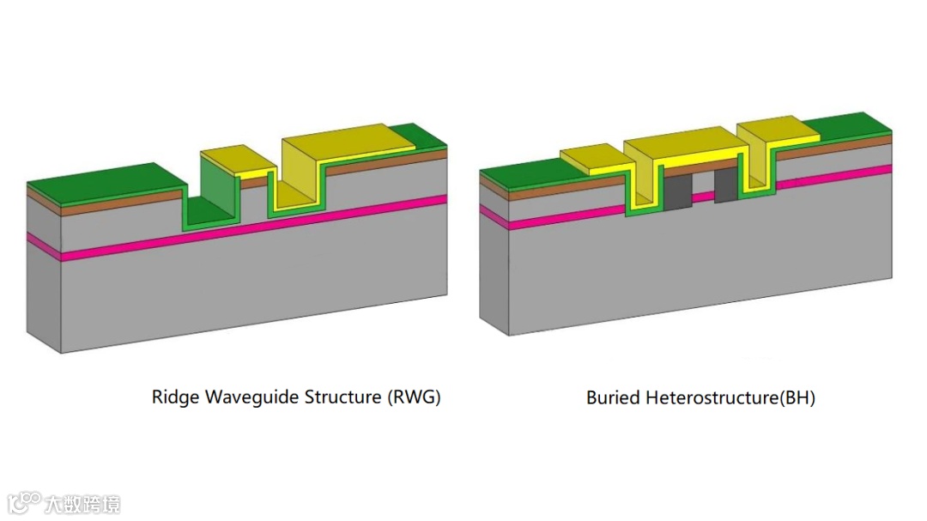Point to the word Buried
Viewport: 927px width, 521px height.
tap(613, 397)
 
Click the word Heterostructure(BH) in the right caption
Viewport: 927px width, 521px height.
tap(729, 397)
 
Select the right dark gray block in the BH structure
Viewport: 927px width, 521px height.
tap(725, 187)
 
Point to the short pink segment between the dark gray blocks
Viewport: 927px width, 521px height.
tap(703, 196)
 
